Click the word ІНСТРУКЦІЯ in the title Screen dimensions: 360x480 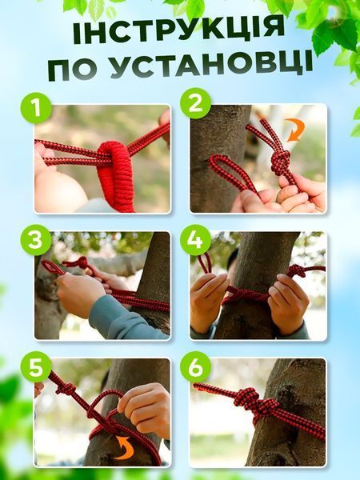point(179,30)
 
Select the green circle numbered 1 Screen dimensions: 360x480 point(36,108)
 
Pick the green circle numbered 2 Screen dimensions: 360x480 point(195,103)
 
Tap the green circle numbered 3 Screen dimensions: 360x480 point(35,240)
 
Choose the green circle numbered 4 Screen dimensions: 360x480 point(195,240)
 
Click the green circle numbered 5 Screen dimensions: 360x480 point(36,368)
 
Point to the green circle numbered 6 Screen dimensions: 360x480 point(195,367)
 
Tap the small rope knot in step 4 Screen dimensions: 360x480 point(295,270)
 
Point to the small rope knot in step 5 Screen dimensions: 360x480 point(66,389)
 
